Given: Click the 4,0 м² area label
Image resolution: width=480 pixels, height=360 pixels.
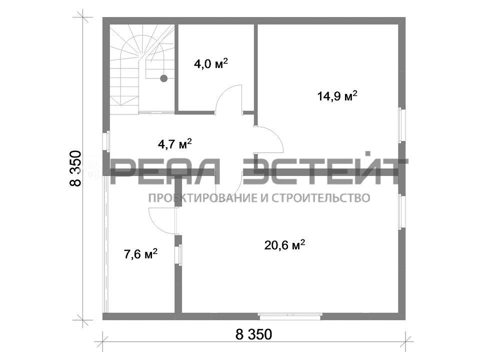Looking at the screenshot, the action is (211, 64).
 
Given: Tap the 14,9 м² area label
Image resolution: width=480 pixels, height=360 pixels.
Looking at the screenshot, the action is (337, 96).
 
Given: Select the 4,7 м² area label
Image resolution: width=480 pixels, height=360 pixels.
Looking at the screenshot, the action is (175, 143).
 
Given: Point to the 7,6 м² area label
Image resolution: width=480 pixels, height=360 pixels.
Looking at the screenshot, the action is (141, 254).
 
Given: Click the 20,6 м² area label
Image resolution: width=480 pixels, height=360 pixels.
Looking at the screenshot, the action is (284, 245).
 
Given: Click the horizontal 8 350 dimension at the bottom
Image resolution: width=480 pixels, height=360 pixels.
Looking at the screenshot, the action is (254, 334).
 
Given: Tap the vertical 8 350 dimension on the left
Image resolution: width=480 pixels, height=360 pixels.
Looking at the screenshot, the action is (75, 168).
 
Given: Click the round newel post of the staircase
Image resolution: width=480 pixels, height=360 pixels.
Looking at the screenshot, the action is (164, 78).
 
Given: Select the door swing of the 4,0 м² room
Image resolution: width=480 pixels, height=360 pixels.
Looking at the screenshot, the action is (228, 99).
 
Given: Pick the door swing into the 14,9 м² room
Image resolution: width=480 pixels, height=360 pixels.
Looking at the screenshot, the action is (269, 139).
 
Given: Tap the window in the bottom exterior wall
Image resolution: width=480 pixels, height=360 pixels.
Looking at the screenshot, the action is (289, 316).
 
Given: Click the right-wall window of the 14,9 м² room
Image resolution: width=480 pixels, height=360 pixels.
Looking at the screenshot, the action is (402, 124).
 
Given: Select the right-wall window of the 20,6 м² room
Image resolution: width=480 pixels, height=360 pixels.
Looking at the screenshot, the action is (402, 211).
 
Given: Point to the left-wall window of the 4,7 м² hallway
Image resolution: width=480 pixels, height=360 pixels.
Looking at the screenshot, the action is (106, 141).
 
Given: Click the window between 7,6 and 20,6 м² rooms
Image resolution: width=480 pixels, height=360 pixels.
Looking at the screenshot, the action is (178, 254).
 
